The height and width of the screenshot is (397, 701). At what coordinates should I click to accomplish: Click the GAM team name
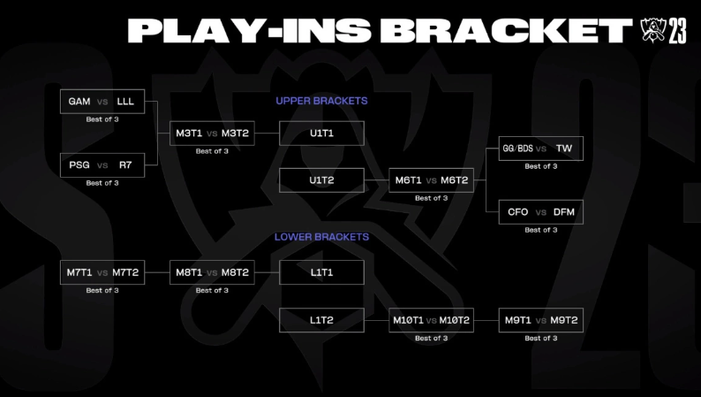pyautogui.click(x=79, y=102)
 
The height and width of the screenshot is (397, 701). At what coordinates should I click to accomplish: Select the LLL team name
pyautogui.click(x=125, y=102)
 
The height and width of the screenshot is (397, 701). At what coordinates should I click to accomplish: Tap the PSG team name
pyautogui.click(x=79, y=165)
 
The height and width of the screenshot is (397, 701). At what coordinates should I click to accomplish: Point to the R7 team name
pyautogui.click(x=125, y=165)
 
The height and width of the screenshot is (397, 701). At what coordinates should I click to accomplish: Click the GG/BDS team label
pyautogui.click(x=517, y=149)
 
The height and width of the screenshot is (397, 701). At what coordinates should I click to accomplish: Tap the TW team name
pyautogui.click(x=564, y=149)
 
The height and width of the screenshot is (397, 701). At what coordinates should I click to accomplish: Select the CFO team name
pyautogui.click(x=517, y=212)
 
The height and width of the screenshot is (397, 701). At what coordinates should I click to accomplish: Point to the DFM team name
pyautogui.click(x=564, y=212)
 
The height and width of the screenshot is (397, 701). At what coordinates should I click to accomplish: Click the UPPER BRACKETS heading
pyautogui.click(x=321, y=101)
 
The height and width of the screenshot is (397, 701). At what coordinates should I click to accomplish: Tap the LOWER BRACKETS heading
pyautogui.click(x=321, y=237)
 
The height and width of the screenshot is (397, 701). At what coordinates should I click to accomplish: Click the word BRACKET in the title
pyautogui.click(x=507, y=30)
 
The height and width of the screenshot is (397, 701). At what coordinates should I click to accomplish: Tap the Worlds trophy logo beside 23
pyautogui.click(x=653, y=30)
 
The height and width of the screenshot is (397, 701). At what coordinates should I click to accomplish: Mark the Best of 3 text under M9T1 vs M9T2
pyautogui.click(x=541, y=339)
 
